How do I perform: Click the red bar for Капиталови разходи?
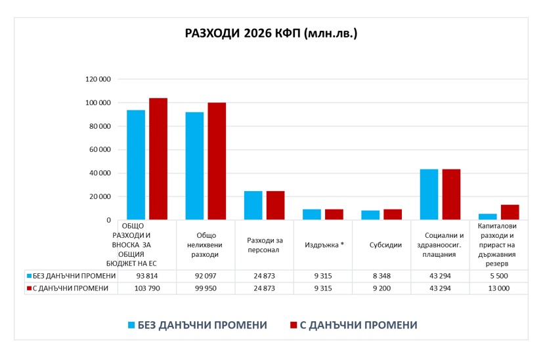point(510,212)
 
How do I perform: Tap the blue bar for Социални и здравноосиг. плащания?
point(429,194)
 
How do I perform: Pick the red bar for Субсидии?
point(393,215)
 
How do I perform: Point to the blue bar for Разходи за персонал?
point(253,206)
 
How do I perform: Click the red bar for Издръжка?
point(334,215)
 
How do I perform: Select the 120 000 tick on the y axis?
point(98,79)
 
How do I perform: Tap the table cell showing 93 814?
point(147,276)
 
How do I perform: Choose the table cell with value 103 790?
point(147,288)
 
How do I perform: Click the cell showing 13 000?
point(498,288)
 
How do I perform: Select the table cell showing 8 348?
point(381,276)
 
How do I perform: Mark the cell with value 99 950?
point(206,288)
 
